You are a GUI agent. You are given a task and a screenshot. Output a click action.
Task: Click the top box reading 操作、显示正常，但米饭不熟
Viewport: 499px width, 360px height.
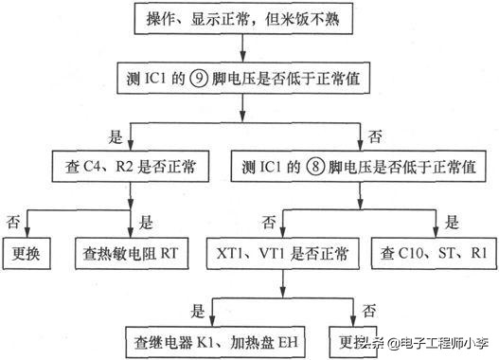coord(245,22)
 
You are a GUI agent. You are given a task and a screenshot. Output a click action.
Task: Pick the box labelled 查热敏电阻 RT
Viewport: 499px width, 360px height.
coord(131,254)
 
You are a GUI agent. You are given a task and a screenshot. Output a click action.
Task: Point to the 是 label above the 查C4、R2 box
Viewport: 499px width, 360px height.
coord(117,136)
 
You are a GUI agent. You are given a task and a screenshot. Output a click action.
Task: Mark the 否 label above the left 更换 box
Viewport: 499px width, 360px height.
coord(13,222)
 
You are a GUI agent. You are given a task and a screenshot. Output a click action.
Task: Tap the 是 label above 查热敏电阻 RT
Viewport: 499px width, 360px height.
coord(146,222)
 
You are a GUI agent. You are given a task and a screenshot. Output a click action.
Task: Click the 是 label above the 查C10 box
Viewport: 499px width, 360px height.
coord(453,222)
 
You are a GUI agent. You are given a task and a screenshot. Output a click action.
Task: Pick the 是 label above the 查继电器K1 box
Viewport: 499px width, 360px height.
coord(198,308)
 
